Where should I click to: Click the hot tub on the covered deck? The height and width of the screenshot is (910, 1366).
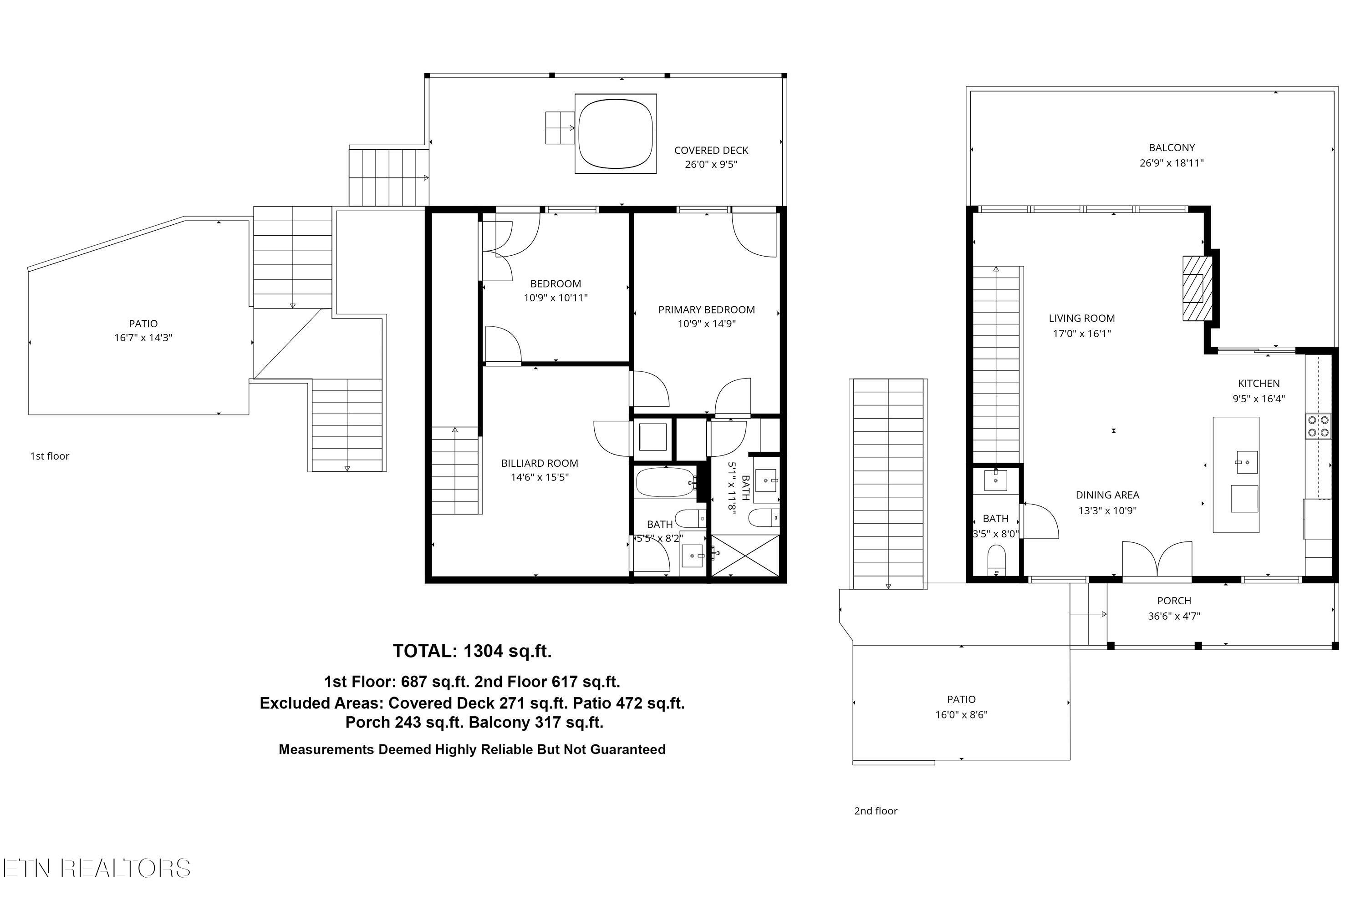(616, 133)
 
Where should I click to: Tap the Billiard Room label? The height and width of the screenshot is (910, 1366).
(539, 463)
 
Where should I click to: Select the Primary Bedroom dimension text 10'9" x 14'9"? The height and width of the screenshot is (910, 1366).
(706, 324)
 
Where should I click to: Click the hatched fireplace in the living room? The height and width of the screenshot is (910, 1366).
(1197, 288)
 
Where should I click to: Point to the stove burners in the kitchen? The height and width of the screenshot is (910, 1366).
(1318, 426)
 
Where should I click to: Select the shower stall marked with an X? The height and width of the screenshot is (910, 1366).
(745, 556)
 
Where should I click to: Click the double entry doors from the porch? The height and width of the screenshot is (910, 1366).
(1157, 560)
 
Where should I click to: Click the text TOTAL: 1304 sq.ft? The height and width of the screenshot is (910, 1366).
(472, 651)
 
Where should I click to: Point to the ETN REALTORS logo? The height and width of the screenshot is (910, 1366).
(97, 868)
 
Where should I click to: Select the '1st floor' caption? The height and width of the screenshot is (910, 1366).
(50, 456)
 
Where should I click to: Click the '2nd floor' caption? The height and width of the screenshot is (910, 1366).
(875, 811)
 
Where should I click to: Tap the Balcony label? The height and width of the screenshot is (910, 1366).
(1172, 148)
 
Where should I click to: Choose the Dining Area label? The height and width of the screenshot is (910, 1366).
(1107, 495)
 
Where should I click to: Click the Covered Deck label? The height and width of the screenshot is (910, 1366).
(711, 150)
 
